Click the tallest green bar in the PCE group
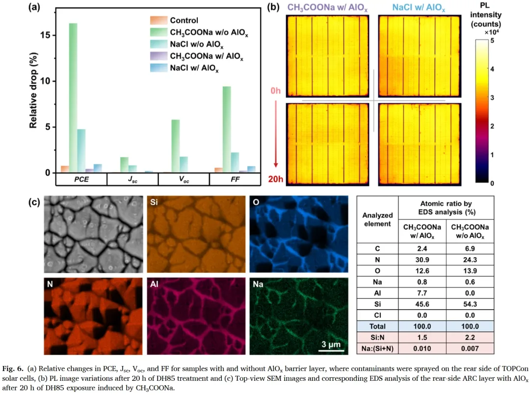73,98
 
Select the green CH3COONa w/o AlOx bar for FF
227,130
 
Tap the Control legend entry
174,20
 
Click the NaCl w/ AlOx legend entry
185,68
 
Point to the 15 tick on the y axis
46,35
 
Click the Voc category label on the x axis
184,180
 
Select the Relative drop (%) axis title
33,90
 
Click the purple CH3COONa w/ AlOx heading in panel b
327,8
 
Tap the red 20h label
275,179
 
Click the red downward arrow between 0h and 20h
276,133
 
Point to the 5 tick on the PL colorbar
492,41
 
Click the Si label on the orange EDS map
154,202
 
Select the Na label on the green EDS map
258,284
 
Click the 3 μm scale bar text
331,344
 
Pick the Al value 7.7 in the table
422,293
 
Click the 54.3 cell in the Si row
470,304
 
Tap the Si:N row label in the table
377,337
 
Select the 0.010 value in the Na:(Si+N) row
422,348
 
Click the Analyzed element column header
377,219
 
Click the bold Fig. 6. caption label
13,369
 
